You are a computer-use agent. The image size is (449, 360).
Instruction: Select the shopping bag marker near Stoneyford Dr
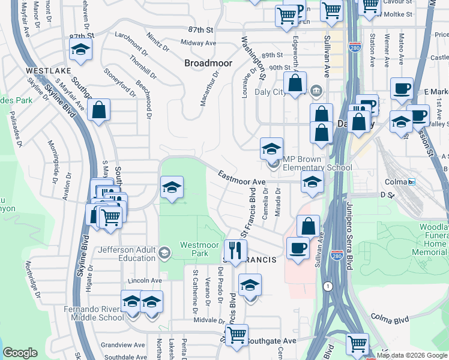click(x=98, y=110)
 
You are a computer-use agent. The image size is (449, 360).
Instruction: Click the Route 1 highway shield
click(x=327, y=287)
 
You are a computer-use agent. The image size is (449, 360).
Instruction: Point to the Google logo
click(x=20, y=353)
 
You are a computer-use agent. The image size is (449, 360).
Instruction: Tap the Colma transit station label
click(x=397, y=181)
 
